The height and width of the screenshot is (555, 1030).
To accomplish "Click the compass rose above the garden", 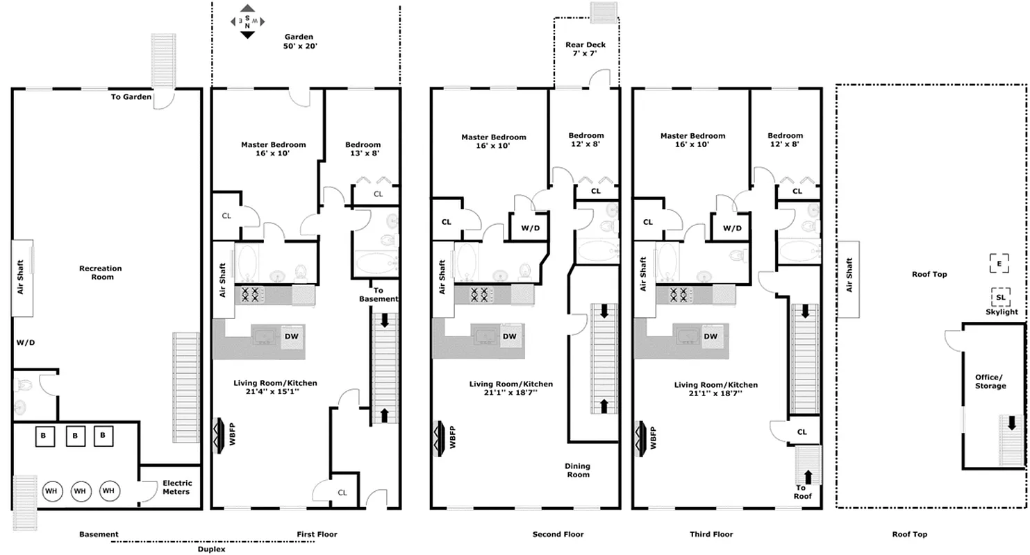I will click(x=247, y=22).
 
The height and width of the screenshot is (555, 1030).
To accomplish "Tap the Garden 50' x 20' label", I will click(x=299, y=42).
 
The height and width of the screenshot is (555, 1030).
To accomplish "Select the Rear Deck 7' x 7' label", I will click(x=585, y=49).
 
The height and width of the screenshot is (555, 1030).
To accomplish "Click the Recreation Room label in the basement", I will click(x=100, y=273).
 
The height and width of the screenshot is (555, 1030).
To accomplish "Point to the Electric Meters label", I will click(x=177, y=487).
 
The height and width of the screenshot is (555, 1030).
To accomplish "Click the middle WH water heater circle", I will click(x=80, y=491).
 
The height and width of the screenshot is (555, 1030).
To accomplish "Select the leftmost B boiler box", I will click(x=44, y=436).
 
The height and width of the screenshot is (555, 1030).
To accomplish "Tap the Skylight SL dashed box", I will click(x=1001, y=298).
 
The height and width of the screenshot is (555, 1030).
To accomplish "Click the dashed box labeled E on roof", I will click(x=999, y=264).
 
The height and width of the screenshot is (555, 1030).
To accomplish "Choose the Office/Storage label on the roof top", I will click(x=990, y=382).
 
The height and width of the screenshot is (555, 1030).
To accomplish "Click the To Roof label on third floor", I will click(x=803, y=492).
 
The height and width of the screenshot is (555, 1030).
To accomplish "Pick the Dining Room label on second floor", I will click(x=578, y=470).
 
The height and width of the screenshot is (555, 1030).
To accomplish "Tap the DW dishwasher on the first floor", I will click(x=292, y=336).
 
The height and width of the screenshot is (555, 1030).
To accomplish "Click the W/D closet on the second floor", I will click(x=530, y=228).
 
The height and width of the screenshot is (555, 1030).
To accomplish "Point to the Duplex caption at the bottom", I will click(x=211, y=549).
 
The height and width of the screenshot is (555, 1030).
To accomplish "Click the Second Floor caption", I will click(x=558, y=534).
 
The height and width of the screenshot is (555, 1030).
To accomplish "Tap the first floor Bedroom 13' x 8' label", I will click(x=363, y=149).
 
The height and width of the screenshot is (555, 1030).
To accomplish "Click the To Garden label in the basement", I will click(x=131, y=97).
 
